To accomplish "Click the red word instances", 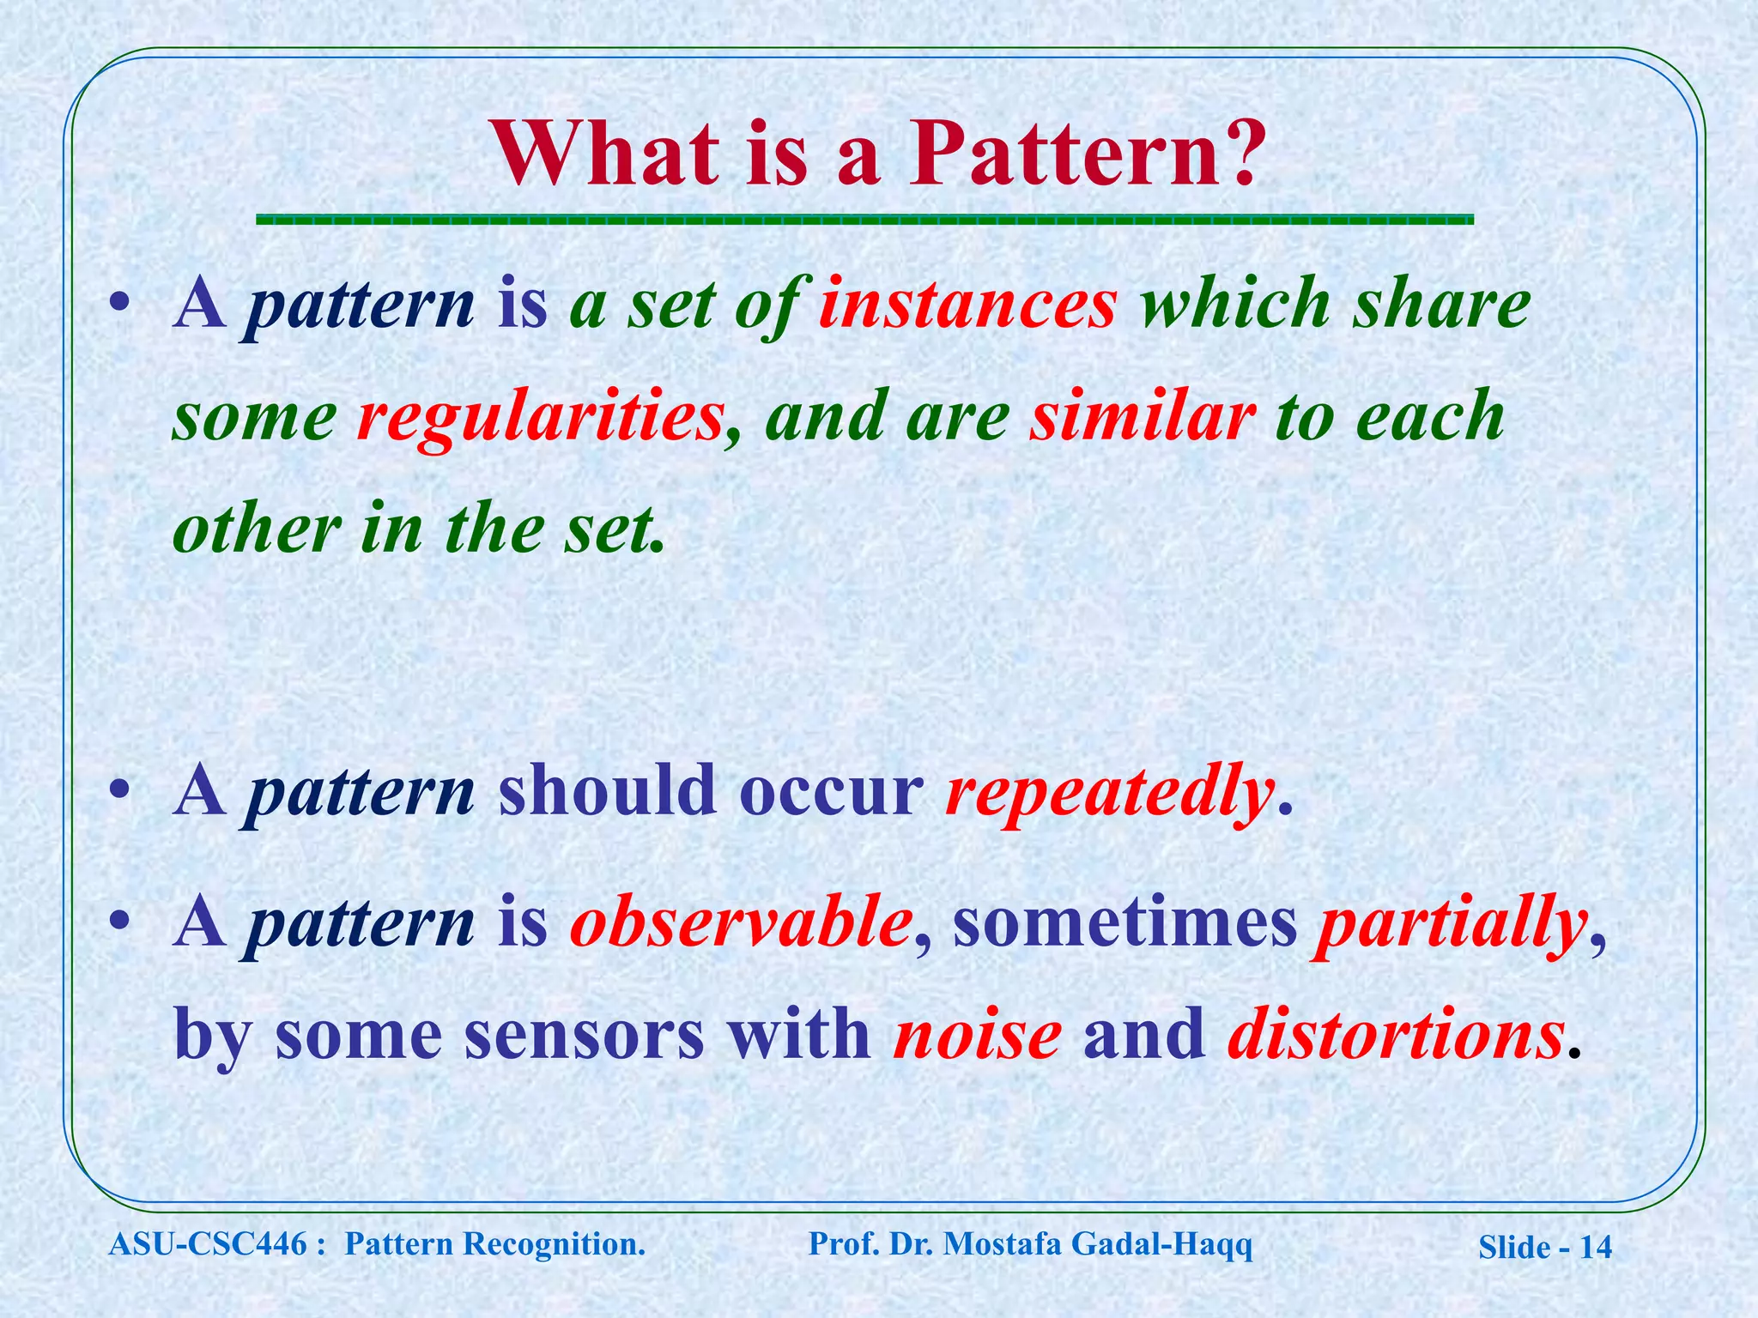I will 967,305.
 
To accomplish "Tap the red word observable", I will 740,923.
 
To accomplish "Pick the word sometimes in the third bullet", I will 1125,923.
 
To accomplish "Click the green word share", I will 1442,305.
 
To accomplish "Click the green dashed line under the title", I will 864,221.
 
